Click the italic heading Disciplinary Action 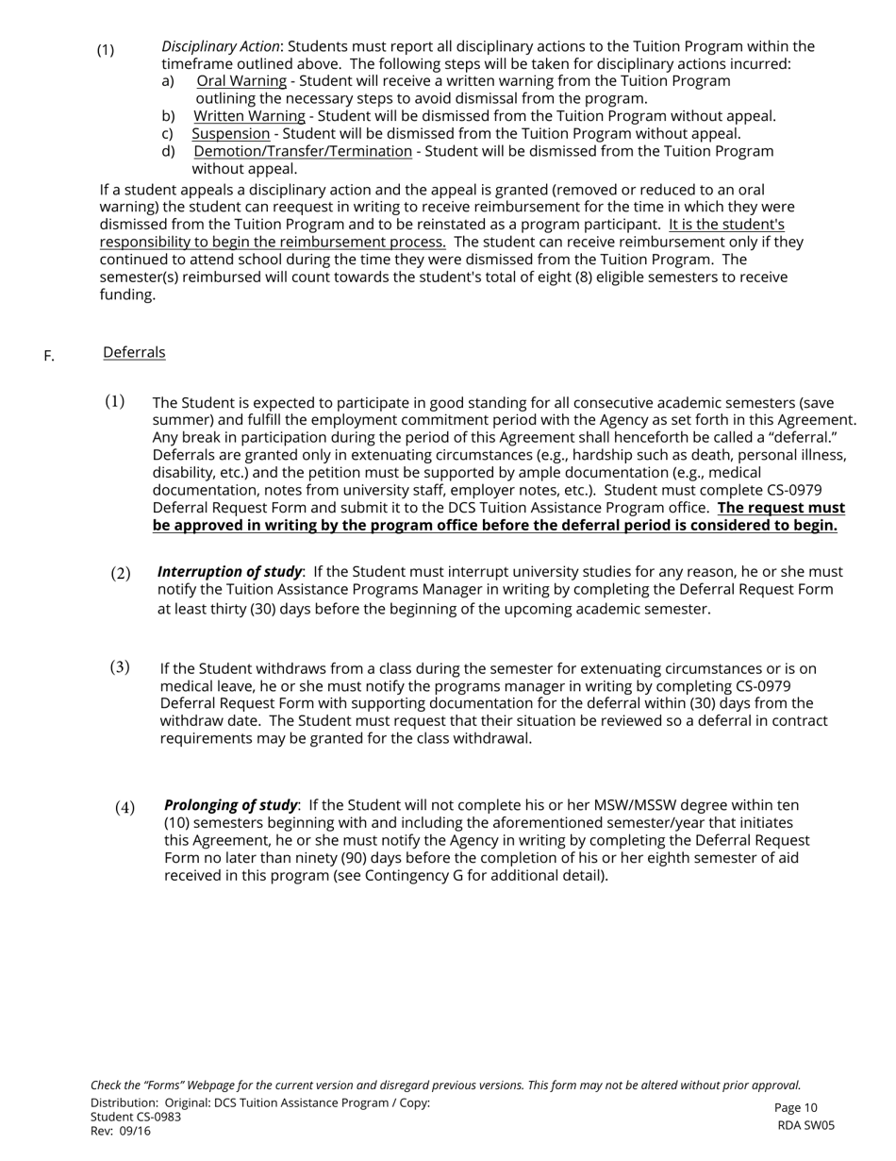pos(221,46)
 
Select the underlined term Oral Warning pos(241,81)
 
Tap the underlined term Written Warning pos(249,116)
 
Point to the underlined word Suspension pos(231,134)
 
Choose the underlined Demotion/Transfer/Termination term pos(303,151)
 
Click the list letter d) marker pos(168,151)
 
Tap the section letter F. pos(49,356)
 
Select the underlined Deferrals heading pos(134,352)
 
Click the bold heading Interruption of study pos(229,572)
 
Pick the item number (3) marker pos(120,667)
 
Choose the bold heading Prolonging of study pos(231,805)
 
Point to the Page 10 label pos(796,1108)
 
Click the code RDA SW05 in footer pos(806,1125)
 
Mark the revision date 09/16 pos(136,1131)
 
